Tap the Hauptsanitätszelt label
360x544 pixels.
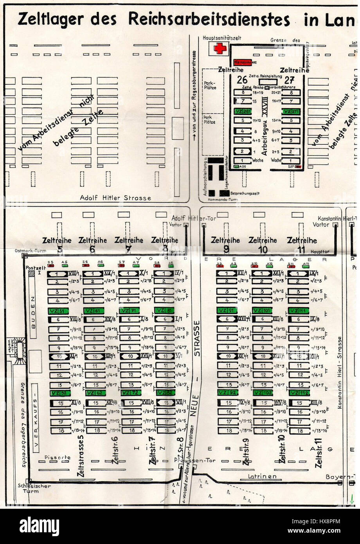(222, 38)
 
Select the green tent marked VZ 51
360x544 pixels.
(58, 311)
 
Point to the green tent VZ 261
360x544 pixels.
(243, 112)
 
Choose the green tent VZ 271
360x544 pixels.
(293, 112)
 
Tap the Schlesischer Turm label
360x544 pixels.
(28, 488)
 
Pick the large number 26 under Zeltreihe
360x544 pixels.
(243, 80)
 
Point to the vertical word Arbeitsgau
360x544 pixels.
(264, 137)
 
